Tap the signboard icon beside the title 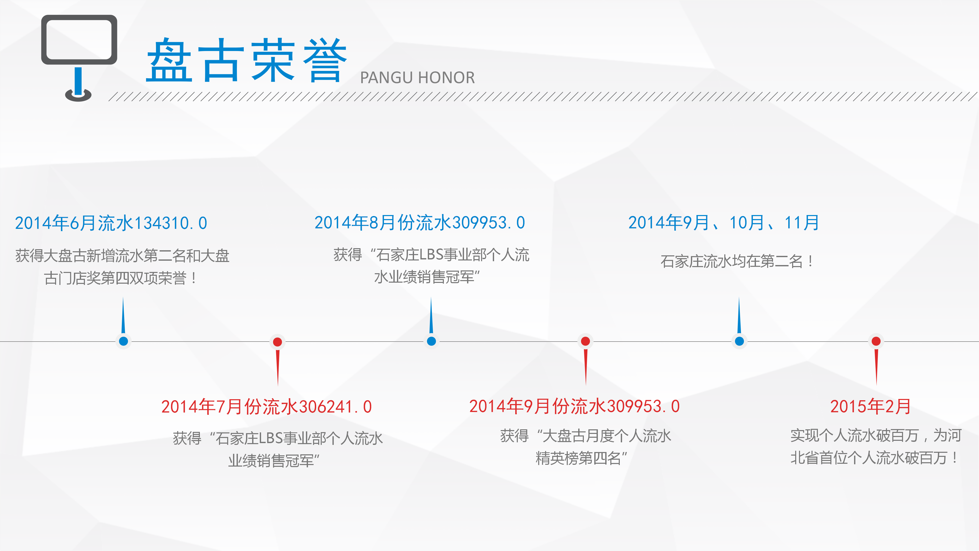click(x=79, y=57)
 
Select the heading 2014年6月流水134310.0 click(x=111, y=223)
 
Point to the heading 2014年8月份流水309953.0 click(x=420, y=222)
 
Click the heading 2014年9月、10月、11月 click(x=723, y=222)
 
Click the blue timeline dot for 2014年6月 click(x=123, y=341)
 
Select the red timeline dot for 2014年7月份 click(x=277, y=342)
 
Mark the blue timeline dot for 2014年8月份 click(x=431, y=341)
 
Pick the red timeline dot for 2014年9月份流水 click(x=585, y=341)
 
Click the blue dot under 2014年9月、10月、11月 click(x=739, y=341)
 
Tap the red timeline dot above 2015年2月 click(x=876, y=341)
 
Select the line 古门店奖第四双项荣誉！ click(x=121, y=278)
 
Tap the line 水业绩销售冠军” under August click(x=427, y=277)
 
